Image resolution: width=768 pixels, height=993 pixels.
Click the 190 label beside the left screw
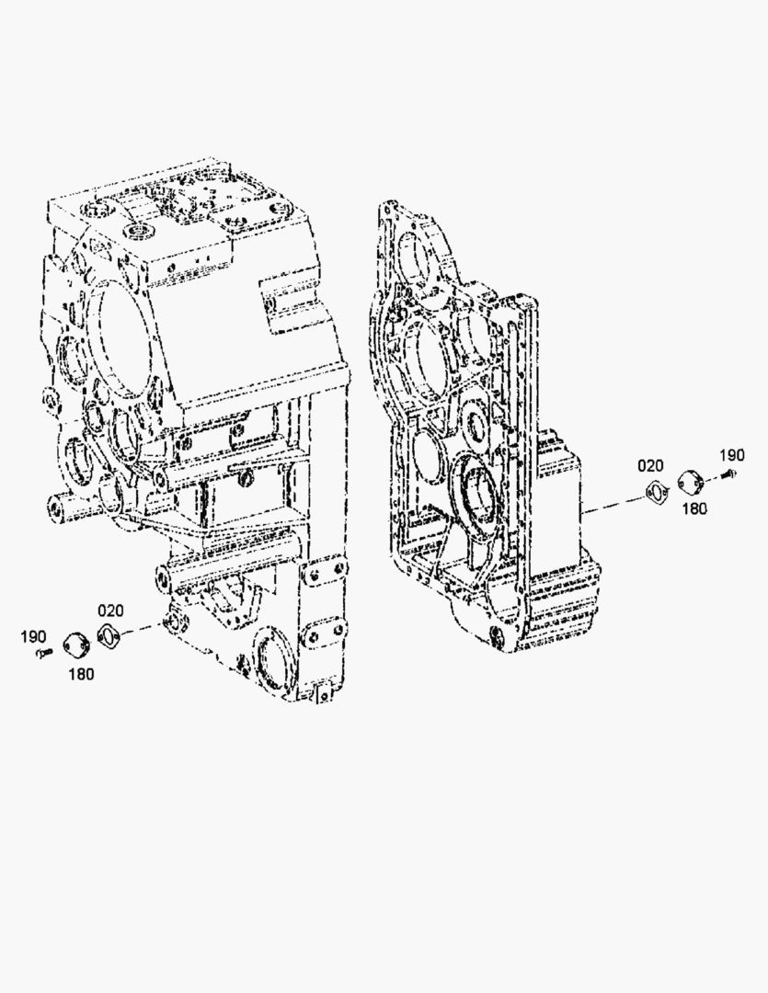pos(33,636)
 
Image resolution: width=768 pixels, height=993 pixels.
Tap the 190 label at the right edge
pos(732,455)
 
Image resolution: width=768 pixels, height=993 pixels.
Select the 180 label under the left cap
pos(81,674)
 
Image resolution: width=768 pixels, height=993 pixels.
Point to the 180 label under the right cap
pos(695,508)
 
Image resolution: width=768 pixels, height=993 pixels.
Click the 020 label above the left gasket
pos(110,611)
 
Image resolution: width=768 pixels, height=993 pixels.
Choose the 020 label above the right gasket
pos(651,466)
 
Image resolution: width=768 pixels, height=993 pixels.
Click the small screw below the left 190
pos(43,653)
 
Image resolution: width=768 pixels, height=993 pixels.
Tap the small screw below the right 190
pos(729,474)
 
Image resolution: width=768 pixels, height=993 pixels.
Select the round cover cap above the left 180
pos(76,644)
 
